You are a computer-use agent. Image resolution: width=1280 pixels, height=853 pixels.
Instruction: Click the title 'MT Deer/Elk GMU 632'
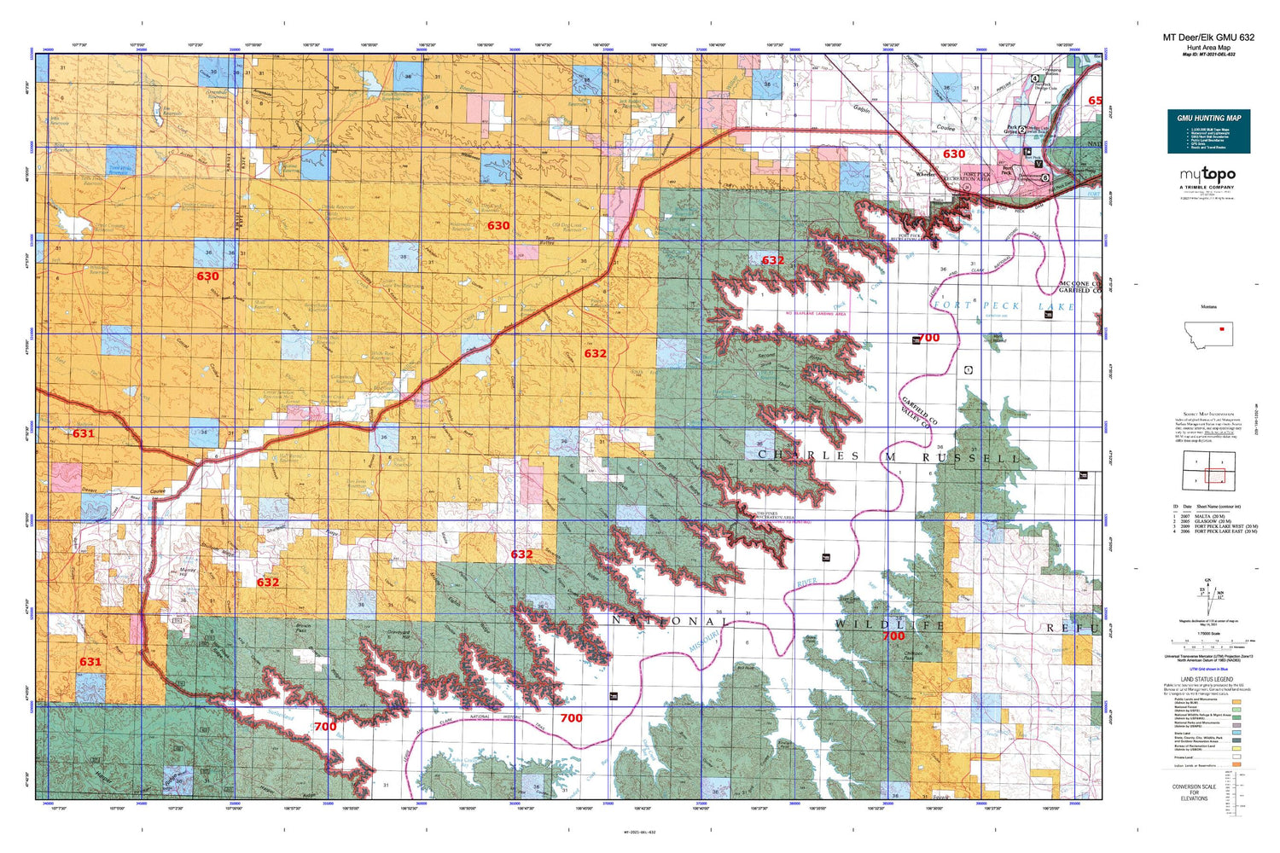(1208, 38)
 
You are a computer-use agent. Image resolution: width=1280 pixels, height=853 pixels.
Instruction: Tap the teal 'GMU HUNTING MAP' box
(1208, 131)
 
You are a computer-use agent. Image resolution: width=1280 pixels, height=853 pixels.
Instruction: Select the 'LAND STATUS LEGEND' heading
(1207, 679)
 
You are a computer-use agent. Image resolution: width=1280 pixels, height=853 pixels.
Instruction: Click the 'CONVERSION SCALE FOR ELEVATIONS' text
(1194, 792)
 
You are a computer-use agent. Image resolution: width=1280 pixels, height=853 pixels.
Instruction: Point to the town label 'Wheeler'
(925, 173)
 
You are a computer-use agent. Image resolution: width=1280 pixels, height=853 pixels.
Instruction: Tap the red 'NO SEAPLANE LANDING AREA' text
(815, 314)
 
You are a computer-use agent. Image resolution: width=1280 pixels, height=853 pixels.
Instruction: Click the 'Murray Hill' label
(189, 572)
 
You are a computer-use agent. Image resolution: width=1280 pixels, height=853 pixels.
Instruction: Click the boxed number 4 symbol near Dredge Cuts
(1035, 78)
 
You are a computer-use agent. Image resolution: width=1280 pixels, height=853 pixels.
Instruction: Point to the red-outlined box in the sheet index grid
(1214, 477)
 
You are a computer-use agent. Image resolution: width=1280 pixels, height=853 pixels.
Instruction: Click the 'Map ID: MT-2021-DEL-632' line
(1208, 55)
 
